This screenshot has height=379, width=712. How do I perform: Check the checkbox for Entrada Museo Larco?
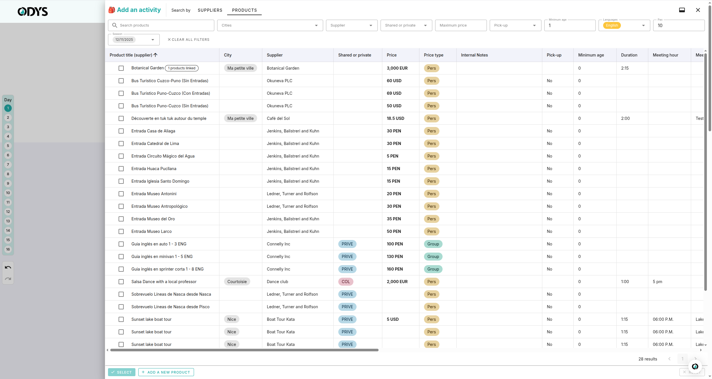[x=121, y=231]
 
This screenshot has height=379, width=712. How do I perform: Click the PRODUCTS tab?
[x=244, y=10]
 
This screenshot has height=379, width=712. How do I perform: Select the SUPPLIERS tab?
[x=210, y=10]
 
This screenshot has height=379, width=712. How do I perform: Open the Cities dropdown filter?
[x=270, y=25]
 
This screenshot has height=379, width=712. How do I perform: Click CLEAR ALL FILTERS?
[x=189, y=40]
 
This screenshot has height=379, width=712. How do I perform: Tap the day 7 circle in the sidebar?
[x=8, y=165]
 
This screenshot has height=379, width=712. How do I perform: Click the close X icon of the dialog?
[x=698, y=10]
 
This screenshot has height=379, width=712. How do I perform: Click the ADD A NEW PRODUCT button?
[x=166, y=372]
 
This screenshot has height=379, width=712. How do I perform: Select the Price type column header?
[x=433, y=55]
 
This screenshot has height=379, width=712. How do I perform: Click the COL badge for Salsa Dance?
[x=346, y=282]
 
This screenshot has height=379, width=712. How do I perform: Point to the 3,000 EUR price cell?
[x=397, y=68]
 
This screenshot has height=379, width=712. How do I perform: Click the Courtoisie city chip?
[x=237, y=282]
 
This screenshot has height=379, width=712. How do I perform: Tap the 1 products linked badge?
[x=182, y=68]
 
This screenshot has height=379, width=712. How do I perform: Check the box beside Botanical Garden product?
[x=121, y=68]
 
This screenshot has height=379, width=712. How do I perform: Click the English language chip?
[x=612, y=25]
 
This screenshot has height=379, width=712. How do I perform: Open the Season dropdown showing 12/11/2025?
[x=134, y=40]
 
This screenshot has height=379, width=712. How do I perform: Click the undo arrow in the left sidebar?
[x=8, y=267]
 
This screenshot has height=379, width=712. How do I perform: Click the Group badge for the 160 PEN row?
[x=433, y=269]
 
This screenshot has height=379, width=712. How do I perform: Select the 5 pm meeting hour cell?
[x=657, y=282]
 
